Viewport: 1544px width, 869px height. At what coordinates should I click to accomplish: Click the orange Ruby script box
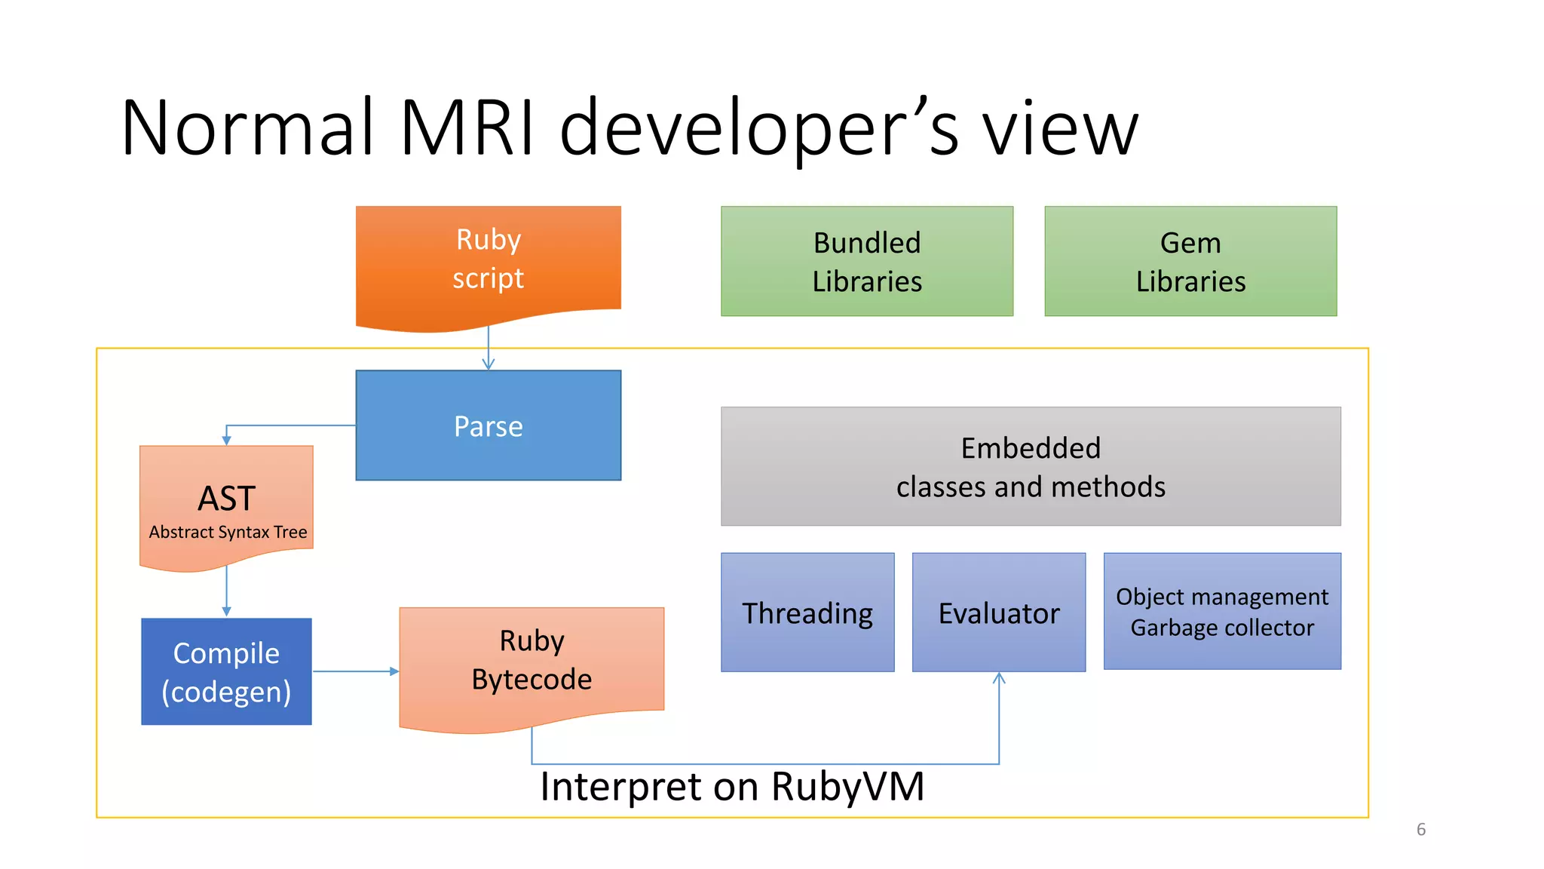pos(489,260)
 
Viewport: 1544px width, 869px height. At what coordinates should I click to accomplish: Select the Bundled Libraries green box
pos(867,261)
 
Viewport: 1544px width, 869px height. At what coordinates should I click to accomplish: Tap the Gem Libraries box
pos(1190,261)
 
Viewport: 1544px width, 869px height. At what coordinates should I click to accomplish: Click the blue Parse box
pos(489,425)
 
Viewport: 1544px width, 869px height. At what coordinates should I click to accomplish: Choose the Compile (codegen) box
pos(226,671)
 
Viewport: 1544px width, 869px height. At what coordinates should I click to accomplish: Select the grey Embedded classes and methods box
pos(1031,466)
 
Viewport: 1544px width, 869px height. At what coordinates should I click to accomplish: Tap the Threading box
pos(807,612)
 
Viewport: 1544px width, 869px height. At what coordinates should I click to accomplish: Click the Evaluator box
pos(999,612)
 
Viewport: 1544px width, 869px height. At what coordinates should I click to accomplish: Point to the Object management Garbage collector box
pos(1222,611)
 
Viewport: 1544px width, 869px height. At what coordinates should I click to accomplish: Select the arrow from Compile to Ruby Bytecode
pos(355,671)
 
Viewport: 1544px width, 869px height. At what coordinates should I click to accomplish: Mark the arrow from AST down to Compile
pos(226,592)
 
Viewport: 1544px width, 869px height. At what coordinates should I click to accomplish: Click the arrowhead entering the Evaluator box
pos(999,678)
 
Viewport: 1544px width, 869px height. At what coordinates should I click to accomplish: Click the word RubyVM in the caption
pos(847,787)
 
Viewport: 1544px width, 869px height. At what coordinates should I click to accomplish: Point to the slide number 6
pos(1420,829)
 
